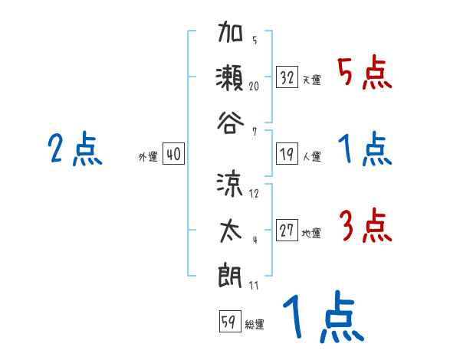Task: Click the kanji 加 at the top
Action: (231, 34)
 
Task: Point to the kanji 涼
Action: (231, 184)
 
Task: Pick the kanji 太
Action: (231, 229)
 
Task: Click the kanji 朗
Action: (231, 273)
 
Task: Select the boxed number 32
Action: (287, 77)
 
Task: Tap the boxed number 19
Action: (287, 153)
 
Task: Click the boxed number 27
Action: (287, 230)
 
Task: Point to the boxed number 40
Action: (173, 153)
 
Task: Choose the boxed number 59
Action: (228, 322)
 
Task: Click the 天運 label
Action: (311, 80)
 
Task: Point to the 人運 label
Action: (311, 156)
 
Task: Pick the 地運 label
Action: (311, 233)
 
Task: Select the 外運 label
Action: (147, 156)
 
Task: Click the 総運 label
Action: (254, 325)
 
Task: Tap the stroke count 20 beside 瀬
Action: (254, 87)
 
